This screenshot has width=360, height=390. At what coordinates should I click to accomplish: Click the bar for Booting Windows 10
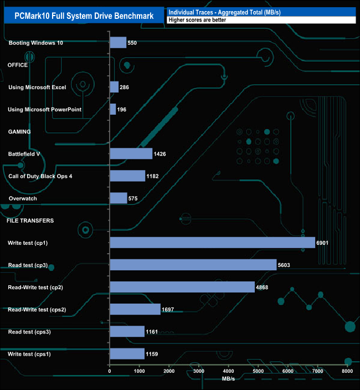click(118, 43)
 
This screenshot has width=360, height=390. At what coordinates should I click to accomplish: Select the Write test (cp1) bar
click(212, 243)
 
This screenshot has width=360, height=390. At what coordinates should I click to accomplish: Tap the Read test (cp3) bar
click(193, 265)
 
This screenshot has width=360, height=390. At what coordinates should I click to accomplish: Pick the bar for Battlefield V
click(131, 153)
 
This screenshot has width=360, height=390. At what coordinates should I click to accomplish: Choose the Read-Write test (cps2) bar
click(135, 309)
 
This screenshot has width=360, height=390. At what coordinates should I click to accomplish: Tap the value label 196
click(122, 109)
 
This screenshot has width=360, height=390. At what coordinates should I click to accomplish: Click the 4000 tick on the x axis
click(228, 371)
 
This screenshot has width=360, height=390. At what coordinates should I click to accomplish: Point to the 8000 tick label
click(347, 371)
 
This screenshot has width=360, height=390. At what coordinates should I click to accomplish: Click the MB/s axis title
click(229, 379)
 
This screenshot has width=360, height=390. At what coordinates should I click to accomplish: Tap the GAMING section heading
click(19, 132)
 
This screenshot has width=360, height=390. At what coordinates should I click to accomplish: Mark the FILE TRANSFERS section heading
click(30, 220)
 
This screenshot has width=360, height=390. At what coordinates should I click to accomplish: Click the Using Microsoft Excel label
click(37, 88)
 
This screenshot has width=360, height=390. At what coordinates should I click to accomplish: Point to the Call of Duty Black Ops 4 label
click(40, 176)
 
